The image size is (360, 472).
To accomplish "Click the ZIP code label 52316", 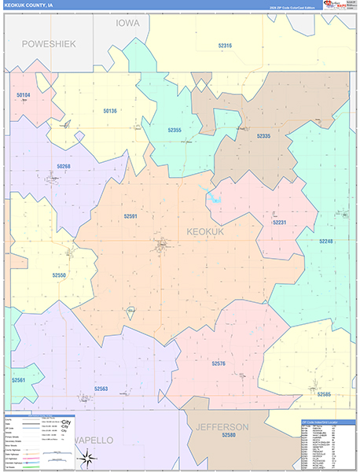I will click(x=225, y=46).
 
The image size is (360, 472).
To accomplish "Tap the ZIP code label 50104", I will click(x=24, y=94).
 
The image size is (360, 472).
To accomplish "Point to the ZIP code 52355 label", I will click(x=174, y=130).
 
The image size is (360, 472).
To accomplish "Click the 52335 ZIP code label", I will click(x=263, y=136).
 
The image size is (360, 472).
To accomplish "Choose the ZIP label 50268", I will click(x=64, y=166).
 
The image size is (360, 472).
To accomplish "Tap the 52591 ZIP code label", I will click(x=130, y=216).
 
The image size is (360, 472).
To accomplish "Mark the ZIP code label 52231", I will click(x=280, y=223).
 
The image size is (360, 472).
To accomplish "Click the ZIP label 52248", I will click(x=326, y=241).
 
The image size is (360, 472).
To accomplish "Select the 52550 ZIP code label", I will click(x=60, y=275).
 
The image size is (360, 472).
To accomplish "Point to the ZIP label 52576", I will click(x=219, y=363).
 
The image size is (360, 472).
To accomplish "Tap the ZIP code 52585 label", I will click(x=324, y=393).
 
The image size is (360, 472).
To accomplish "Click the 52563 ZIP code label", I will click(x=101, y=389).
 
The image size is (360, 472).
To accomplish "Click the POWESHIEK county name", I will click(x=49, y=44).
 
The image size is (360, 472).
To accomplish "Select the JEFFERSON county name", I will click(x=222, y=427).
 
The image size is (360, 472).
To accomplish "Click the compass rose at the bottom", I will click(x=90, y=458).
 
